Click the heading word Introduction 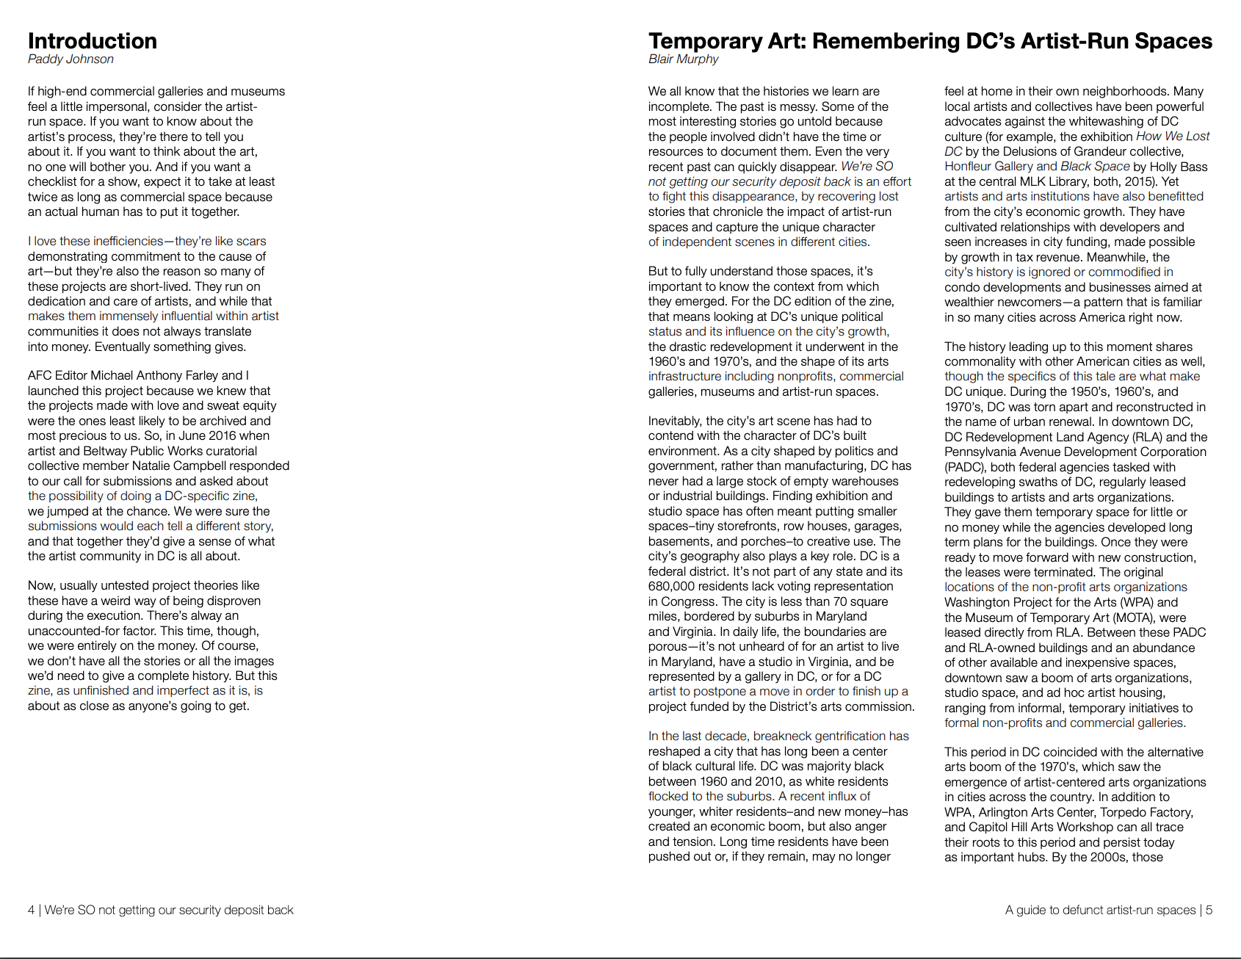pyautogui.click(x=93, y=40)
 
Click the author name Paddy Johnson pyautogui.click(x=70, y=59)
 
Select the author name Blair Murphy pyautogui.click(x=683, y=59)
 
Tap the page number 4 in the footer pyautogui.click(x=31, y=910)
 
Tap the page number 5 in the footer pyautogui.click(x=1209, y=910)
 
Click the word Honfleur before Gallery pyautogui.click(x=968, y=167)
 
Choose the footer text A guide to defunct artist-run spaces pyautogui.click(x=1100, y=910)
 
